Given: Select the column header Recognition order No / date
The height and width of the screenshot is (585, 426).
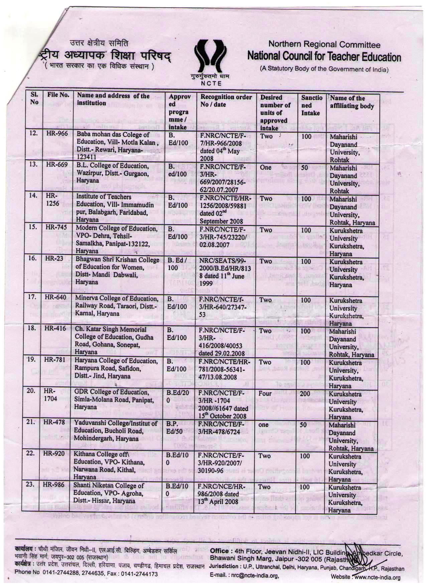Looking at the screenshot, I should coord(226,100).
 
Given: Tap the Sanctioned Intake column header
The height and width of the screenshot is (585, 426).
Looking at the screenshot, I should coord(312,105).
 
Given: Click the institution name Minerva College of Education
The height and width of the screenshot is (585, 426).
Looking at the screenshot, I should coord(117,306).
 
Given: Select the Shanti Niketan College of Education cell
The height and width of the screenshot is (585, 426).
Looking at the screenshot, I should coord(115,493).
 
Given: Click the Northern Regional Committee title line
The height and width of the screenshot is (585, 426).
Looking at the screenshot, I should coord(324,44).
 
